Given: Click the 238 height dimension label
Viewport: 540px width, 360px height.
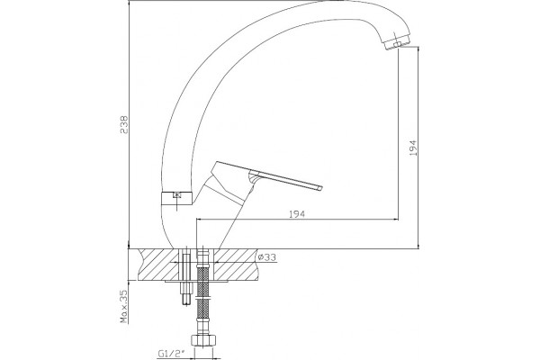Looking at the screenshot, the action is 123,125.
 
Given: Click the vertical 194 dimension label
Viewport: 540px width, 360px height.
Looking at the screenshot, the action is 413,148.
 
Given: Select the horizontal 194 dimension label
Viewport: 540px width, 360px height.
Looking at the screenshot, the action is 296,214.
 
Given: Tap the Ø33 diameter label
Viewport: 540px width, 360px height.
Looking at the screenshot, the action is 267,257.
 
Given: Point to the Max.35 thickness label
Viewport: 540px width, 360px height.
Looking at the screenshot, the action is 123,306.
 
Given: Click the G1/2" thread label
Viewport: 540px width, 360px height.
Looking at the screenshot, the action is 172,354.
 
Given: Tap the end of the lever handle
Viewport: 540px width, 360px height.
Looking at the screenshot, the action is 320,187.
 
